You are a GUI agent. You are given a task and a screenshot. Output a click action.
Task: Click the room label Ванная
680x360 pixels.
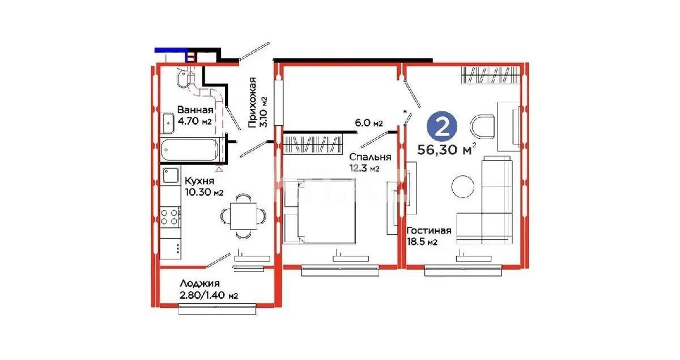tap(195, 110)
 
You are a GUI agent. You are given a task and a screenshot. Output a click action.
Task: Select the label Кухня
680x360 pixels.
tap(198, 181)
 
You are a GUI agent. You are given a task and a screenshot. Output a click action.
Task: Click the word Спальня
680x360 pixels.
tap(370, 157)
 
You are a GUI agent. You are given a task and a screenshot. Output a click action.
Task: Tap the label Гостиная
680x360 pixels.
tap(429, 230)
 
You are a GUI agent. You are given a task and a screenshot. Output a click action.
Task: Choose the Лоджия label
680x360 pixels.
tap(199, 283)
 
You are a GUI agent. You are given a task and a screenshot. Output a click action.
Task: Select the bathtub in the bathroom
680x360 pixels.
tap(190, 150)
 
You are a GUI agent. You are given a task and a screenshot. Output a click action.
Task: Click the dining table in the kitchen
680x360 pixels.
tap(242, 215)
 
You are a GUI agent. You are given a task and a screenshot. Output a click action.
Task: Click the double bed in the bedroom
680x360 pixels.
tap(320, 211)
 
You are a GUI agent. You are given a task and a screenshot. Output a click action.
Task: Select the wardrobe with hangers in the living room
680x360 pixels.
tap(490, 75)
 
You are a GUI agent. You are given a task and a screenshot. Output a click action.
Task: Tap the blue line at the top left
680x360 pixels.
tap(171, 50)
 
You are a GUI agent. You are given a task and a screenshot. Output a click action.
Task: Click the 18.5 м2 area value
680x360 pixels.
tap(420, 242)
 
